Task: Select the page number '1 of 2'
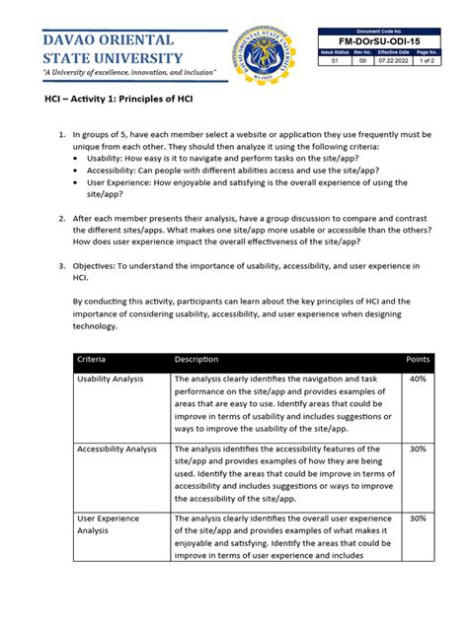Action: coord(428,61)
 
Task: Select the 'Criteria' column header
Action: coord(95,360)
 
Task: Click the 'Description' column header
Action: coord(195,360)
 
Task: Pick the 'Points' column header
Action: coord(419,360)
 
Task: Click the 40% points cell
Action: coord(418,380)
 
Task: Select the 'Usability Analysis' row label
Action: coord(112,380)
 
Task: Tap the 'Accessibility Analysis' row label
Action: coord(117,449)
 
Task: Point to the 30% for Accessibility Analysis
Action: coord(418,449)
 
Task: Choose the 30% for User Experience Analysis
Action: coord(418,519)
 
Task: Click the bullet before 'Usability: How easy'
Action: coord(79,157)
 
